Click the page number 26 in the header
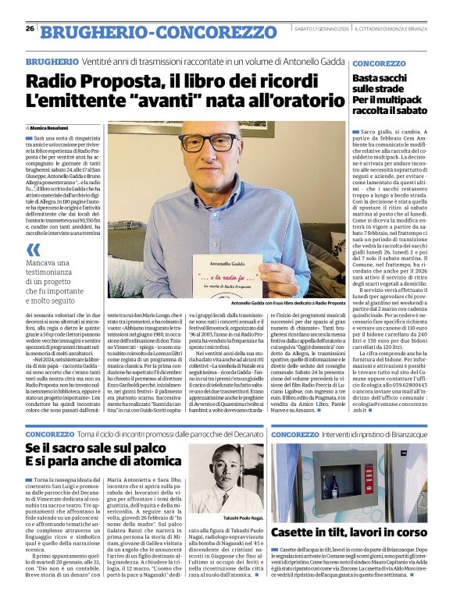(30, 29)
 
